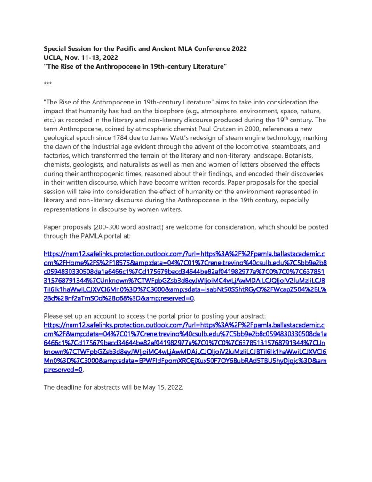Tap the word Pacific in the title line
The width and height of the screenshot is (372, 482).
(x=128, y=49)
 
